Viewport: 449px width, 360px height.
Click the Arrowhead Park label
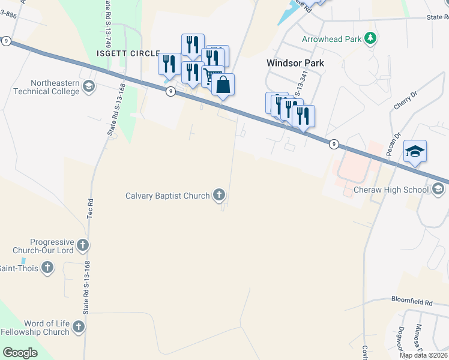point(332,40)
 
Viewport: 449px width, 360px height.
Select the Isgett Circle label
point(128,53)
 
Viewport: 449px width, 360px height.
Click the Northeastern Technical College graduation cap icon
point(89,86)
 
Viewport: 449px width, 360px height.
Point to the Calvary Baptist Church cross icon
point(220,195)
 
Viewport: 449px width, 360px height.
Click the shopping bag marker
point(223,85)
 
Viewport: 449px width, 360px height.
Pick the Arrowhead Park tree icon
point(371,40)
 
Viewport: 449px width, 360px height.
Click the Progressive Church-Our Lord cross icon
point(83,245)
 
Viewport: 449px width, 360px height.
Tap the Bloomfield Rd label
point(411,302)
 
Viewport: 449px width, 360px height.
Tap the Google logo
point(20,353)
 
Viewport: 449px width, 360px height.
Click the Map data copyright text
point(423,355)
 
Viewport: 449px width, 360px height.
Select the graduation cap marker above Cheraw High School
point(415,151)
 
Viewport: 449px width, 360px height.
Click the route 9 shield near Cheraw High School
point(334,144)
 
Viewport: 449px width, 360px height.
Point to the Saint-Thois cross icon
point(47,268)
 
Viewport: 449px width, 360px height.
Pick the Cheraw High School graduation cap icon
point(439,190)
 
